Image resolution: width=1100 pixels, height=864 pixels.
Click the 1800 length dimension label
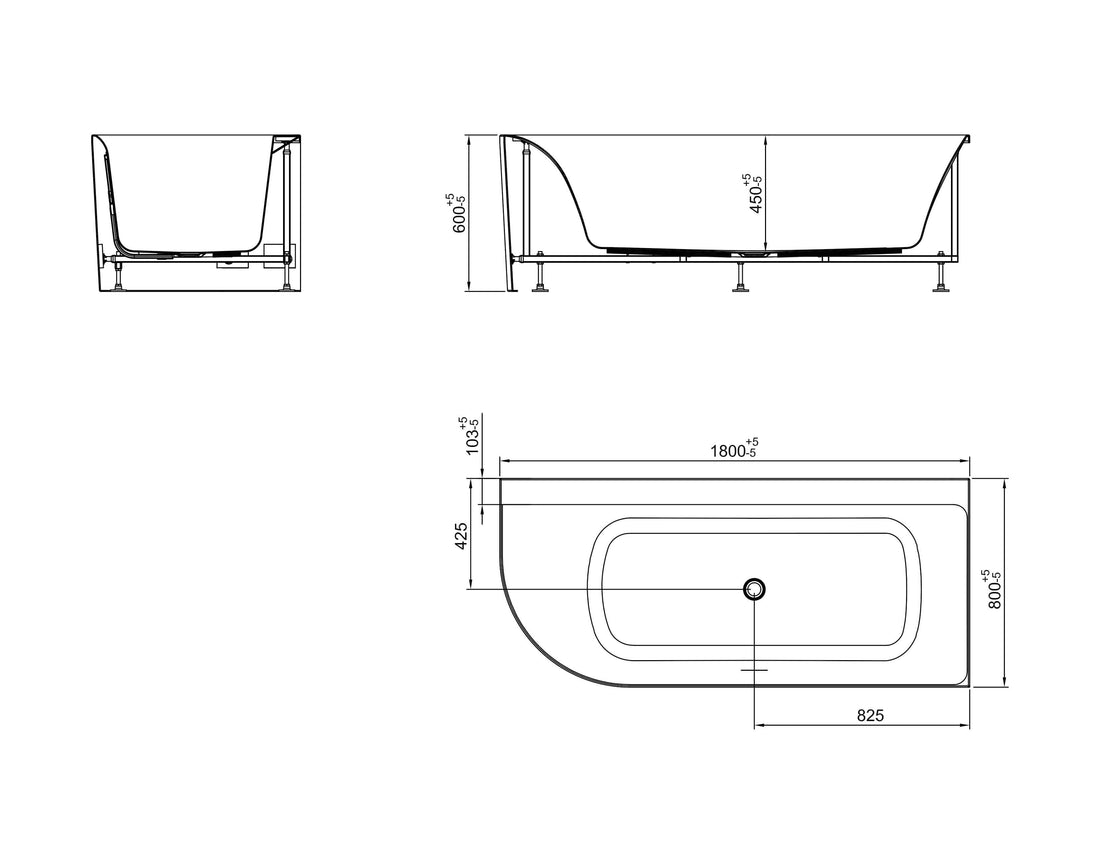tap(734, 449)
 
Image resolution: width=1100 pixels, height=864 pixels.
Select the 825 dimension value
tap(870, 715)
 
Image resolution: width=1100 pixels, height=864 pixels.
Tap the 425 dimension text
tap(462, 536)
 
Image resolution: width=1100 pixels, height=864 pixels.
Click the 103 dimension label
tap(470, 436)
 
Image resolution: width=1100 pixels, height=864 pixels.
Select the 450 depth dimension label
tap(752, 194)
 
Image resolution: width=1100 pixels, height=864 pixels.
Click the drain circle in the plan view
tap(755, 589)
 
